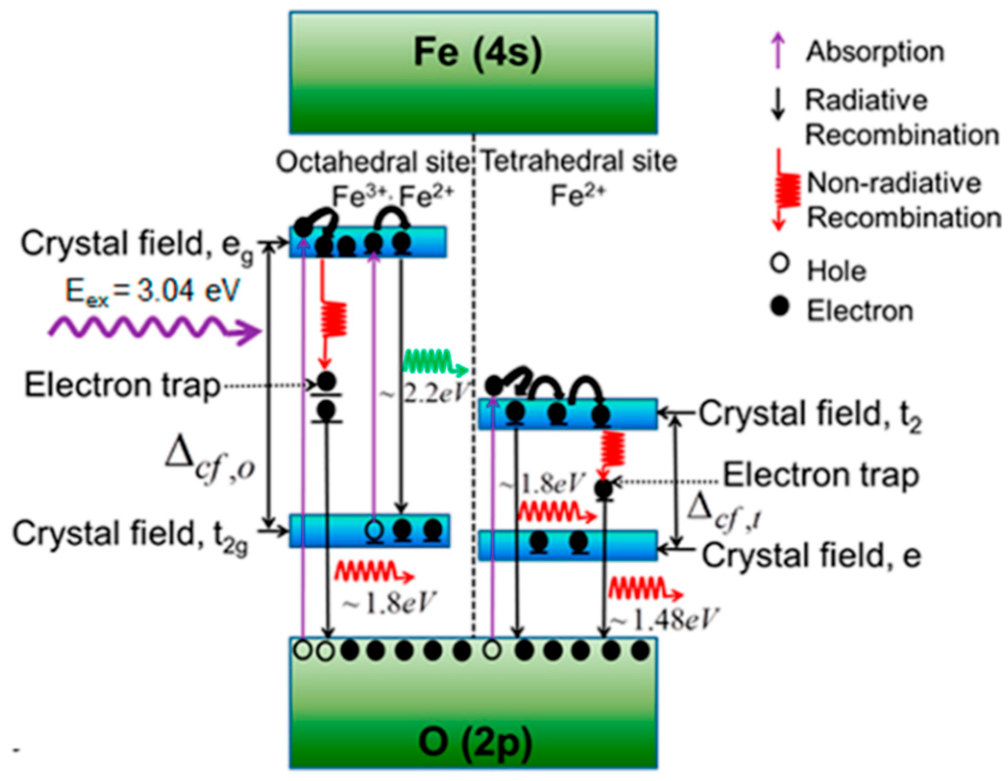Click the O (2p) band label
tap(475, 742)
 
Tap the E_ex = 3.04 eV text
tap(152, 292)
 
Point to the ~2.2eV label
tap(424, 395)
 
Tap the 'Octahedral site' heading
tap(372, 163)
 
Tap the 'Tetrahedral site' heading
tap(579, 162)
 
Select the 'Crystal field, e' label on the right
tap(811, 556)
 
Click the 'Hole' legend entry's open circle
tap(780, 264)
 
